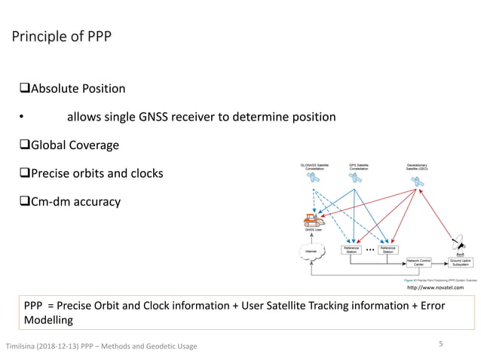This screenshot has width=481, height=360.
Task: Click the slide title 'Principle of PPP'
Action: (x=60, y=36)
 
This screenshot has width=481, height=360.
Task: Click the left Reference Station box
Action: (x=351, y=249)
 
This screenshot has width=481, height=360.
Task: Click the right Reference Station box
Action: (x=388, y=249)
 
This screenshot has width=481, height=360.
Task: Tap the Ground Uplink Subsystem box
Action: (x=461, y=263)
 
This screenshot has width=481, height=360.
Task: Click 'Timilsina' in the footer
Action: (x=24, y=346)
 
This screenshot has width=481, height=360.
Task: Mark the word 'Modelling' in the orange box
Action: (x=48, y=320)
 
